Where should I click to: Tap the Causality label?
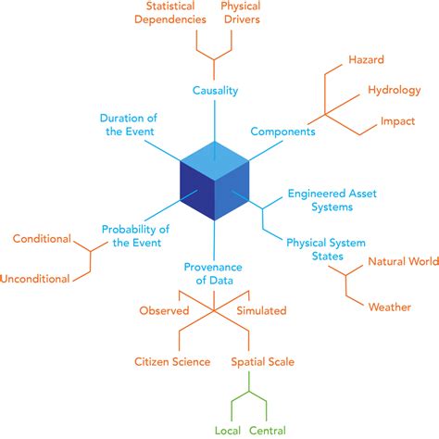click(216, 90)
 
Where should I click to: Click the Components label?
click(282, 132)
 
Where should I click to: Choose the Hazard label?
click(366, 60)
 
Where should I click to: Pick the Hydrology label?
click(395, 90)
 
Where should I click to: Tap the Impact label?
click(398, 121)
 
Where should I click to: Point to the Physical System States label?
click(328, 249)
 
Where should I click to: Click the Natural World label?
click(401, 261)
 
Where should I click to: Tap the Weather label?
click(389, 307)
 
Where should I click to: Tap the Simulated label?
click(261, 310)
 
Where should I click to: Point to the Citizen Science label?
click(172, 361)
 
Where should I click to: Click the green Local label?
click(228, 431)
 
